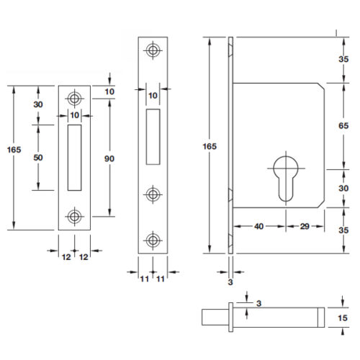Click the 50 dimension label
[38, 158]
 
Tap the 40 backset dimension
[258, 226]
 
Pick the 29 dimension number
[305, 226]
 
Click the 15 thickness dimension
[343, 318]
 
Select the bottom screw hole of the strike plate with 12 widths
[74, 215]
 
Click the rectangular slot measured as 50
[74, 158]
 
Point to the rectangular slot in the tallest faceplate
[152, 136]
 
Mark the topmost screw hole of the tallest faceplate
[152, 50]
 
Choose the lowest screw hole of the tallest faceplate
[152, 240]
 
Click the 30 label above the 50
[38, 104]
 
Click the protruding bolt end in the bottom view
[212, 318]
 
